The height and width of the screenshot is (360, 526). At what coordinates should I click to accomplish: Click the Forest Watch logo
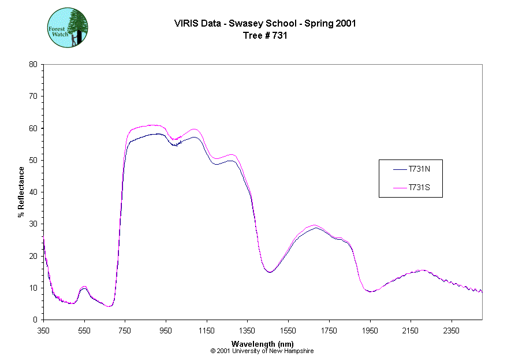click(68, 28)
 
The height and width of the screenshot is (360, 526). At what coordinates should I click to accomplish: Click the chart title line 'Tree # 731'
click(265, 35)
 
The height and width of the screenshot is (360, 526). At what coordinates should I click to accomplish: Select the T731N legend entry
click(418, 169)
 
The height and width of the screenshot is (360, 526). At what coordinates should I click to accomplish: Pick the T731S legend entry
click(418, 188)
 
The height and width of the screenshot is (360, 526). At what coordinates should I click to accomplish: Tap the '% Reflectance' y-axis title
click(21, 192)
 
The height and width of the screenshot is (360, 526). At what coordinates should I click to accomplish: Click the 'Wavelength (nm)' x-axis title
click(262, 344)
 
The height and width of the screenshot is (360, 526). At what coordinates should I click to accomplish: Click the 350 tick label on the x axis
click(43, 331)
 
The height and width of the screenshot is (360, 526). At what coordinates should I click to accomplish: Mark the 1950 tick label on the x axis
click(370, 331)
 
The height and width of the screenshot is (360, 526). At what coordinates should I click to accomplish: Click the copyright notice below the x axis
click(262, 351)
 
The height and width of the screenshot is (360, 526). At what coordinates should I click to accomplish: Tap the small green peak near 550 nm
click(84, 287)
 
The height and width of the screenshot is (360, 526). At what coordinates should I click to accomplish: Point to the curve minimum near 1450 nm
click(269, 272)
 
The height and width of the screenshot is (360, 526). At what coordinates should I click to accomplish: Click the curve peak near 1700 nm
click(315, 226)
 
